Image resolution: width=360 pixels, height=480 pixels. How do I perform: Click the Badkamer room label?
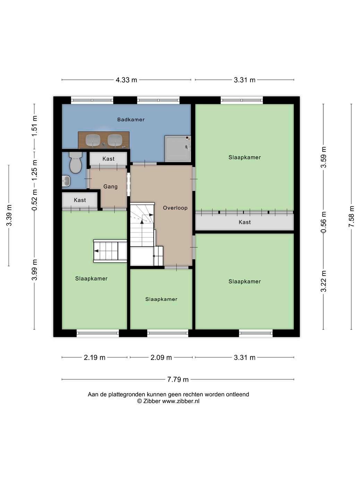131,119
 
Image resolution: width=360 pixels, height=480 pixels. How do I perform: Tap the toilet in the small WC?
75,162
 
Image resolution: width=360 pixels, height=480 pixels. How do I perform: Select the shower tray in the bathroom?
178,149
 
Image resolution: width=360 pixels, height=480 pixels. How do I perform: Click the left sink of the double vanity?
93,140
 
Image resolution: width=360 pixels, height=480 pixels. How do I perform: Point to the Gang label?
110,187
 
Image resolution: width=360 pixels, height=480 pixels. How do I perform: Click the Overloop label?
175,208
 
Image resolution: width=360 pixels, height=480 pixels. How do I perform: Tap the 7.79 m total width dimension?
178,379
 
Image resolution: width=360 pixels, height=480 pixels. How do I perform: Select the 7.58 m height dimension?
351,216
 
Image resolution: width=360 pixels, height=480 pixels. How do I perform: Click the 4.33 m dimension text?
126,80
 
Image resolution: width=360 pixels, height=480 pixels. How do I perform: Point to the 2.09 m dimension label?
161,358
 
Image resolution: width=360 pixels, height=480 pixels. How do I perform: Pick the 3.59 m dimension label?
323,157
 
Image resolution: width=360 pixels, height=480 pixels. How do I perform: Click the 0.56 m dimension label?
323,222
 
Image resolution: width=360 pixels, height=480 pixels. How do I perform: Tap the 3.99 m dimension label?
34,269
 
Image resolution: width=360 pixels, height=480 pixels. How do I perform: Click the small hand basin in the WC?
66,181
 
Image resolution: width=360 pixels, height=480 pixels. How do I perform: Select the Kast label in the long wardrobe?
245,222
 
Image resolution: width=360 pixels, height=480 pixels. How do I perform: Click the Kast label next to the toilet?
109,159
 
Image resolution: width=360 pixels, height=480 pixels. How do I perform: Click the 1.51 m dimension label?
34,126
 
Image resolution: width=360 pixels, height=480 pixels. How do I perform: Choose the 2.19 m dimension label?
94,358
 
